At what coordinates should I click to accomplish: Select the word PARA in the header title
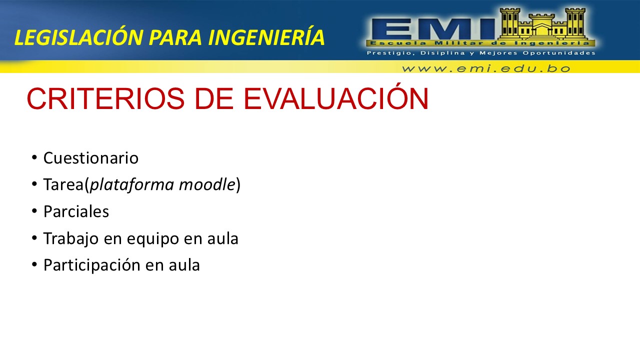pyautogui.click(x=175, y=37)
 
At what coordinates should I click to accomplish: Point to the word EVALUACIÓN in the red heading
pyautogui.click(x=336, y=96)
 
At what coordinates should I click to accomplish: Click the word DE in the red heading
pyautogui.click(x=214, y=98)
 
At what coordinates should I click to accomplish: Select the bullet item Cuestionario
pyautogui.click(x=91, y=157)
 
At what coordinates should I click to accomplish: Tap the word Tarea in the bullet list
pyautogui.click(x=63, y=184)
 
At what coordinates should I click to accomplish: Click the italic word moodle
pyautogui.click(x=207, y=184)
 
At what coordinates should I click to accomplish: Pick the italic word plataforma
pyautogui.click(x=131, y=185)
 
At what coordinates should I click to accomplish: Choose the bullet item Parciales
pyautogui.click(x=76, y=211)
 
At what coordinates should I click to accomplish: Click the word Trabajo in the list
pyautogui.click(x=71, y=239)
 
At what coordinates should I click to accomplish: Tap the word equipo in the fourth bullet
pyautogui.click(x=153, y=239)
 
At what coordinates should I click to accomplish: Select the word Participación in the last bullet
pyautogui.click(x=92, y=265)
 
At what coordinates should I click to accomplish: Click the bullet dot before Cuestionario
pyautogui.click(x=34, y=157)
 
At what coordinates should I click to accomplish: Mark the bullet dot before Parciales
pyautogui.click(x=34, y=211)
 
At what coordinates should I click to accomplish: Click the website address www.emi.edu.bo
pyautogui.click(x=486, y=68)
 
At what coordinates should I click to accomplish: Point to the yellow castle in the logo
pyautogui.click(x=542, y=24)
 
